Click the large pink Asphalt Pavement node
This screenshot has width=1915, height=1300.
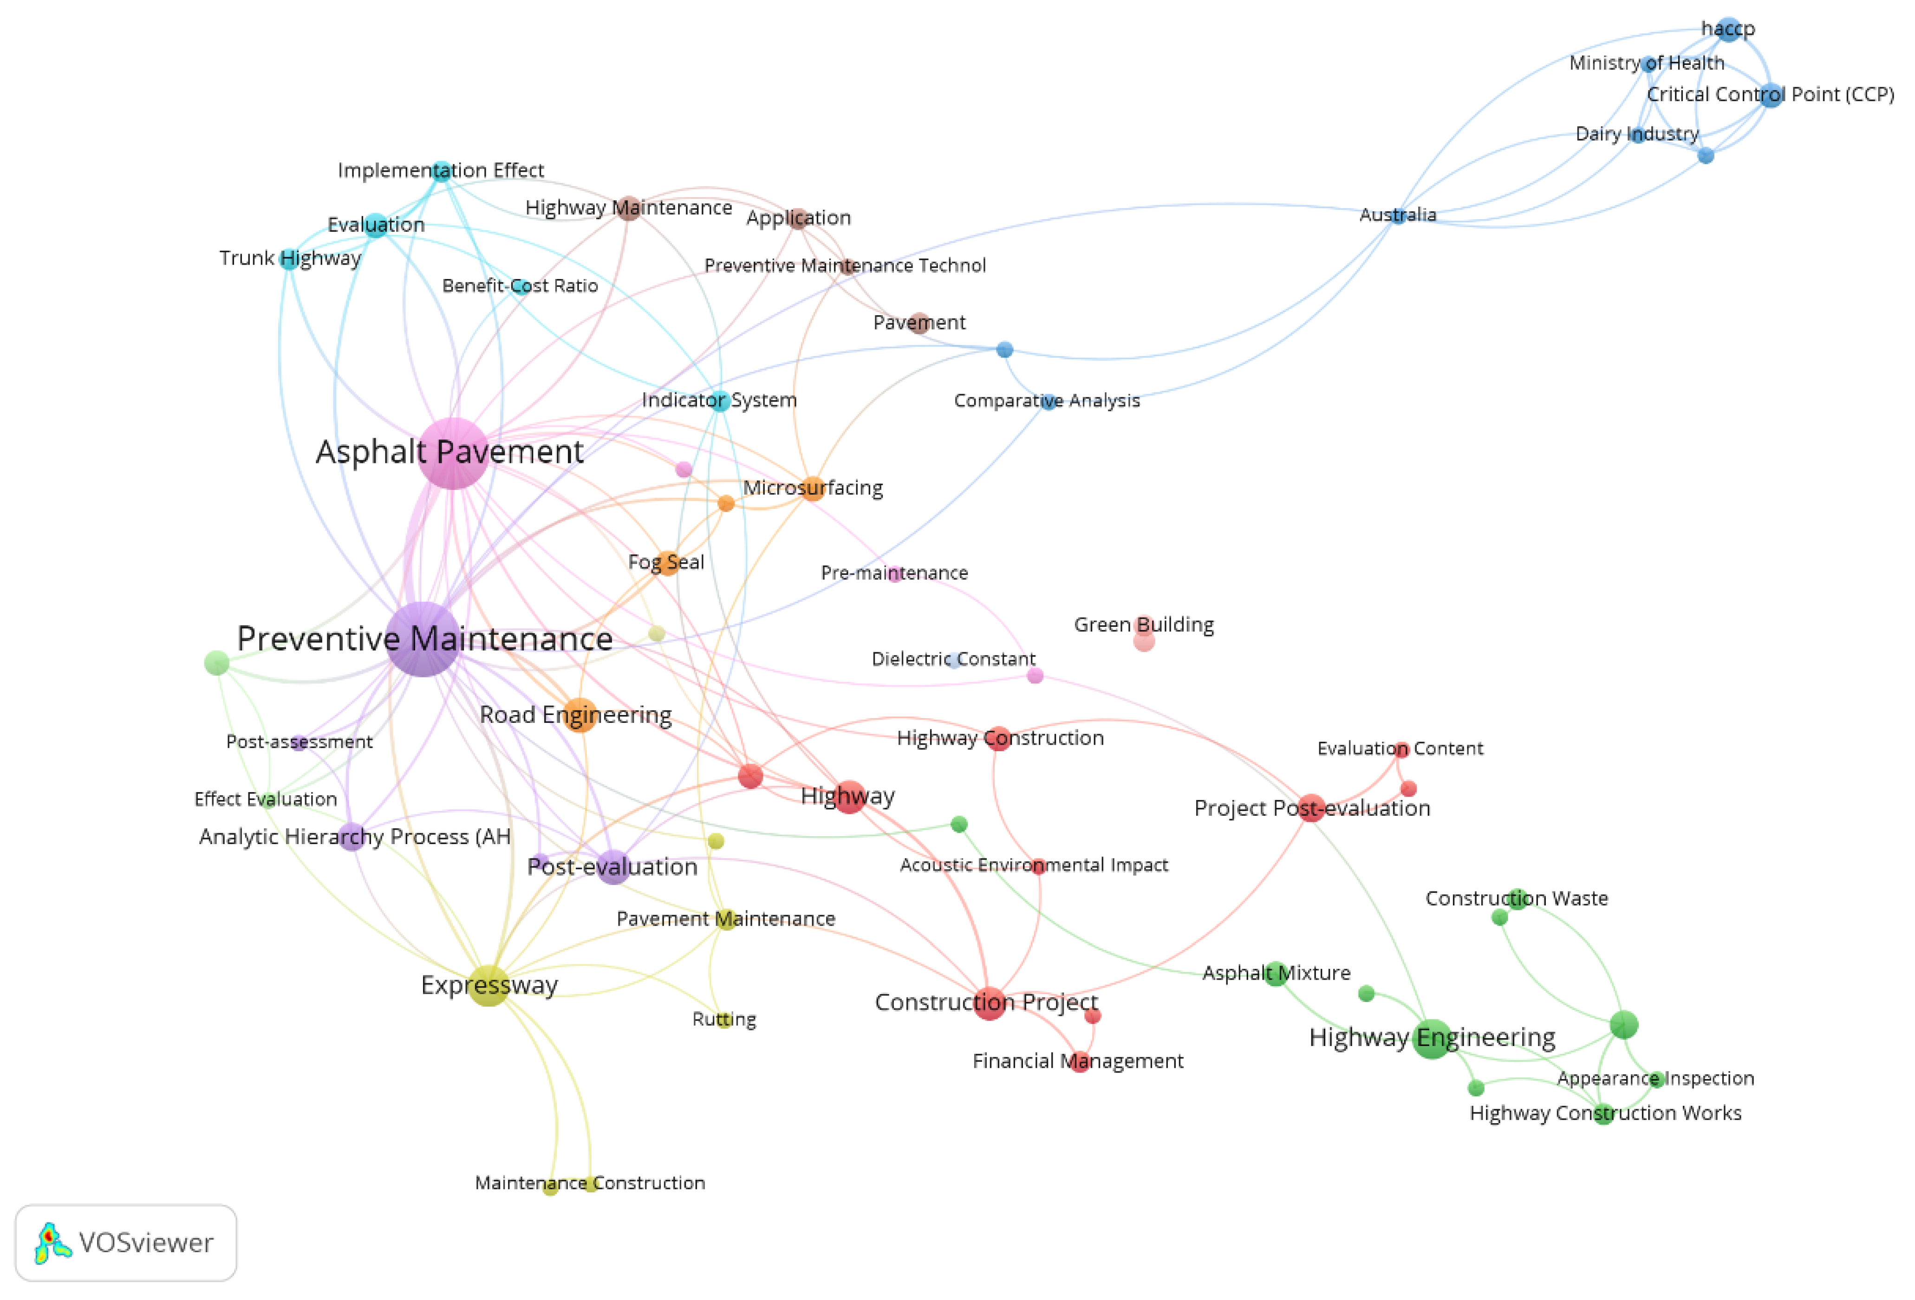452,453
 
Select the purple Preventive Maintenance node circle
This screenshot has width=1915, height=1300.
423,639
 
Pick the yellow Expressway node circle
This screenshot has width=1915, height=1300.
489,985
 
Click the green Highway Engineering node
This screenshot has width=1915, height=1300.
1432,1038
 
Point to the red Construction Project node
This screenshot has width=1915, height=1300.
989,1002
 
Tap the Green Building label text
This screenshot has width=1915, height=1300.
1144,624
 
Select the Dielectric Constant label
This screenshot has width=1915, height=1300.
953,659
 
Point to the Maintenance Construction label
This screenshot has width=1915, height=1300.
590,1183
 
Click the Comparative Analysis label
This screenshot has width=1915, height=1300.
1047,401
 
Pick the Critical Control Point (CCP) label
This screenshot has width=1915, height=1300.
1770,95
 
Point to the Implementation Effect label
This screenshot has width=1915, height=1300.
441,170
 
